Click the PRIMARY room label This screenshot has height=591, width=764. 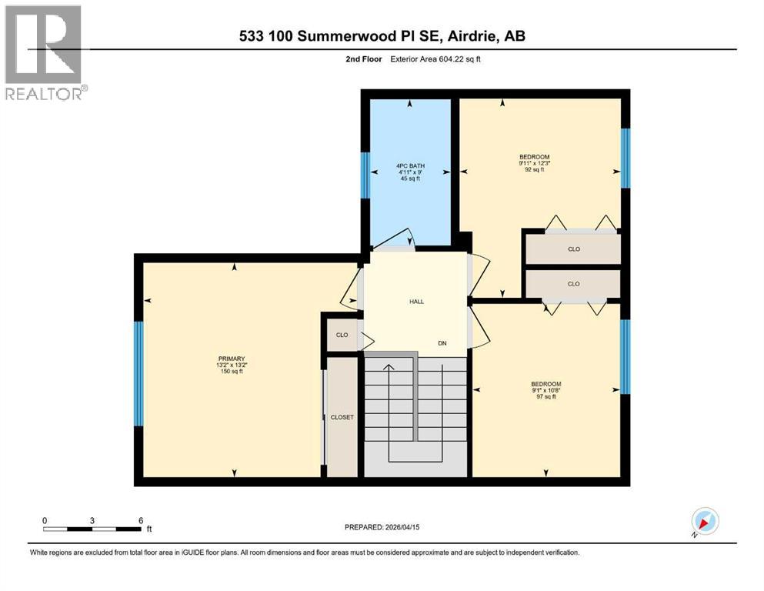point(231,359)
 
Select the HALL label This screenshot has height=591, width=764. point(416,302)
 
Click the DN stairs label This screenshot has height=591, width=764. point(442,343)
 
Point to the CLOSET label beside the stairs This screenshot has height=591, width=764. point(342,417)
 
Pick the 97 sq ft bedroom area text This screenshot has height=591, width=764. point(545,397)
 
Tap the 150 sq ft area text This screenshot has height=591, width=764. point(231,372)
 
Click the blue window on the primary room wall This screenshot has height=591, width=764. point(138,373)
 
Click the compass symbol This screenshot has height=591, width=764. point(704,522)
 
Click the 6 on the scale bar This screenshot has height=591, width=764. point(140,520)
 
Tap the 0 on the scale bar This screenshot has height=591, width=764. point(45,520)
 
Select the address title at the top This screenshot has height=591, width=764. point(382,35)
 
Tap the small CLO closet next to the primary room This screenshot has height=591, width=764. point(342,335)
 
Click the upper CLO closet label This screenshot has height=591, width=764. point(573,249)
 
